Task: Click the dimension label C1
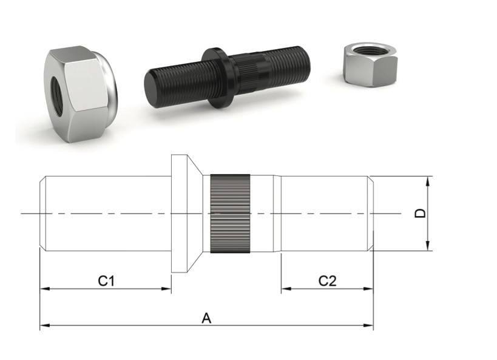(x=106, y=280)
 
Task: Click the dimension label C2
(x=328, y=281)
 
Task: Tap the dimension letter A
(x=206, y=318)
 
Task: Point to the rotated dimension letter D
(x=421, y=214)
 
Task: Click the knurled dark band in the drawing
(x=231, y=214)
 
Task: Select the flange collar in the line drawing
(x=186, y=213)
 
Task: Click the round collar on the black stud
(x=217, y=78)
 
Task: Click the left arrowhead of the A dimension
(x=45, y=325)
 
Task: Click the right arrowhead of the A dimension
(x=368, y=325)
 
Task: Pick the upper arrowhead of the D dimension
(x=428, y=182)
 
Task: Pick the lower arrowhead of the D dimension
(x=428, y=245)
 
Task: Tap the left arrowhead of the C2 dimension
(x=286, y=288)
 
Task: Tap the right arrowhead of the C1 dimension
(x=166, y=288)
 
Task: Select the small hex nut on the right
(x=370, y=64)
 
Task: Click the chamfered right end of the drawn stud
(x=371, y=213)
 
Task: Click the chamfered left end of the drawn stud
(x=43, y=213)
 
